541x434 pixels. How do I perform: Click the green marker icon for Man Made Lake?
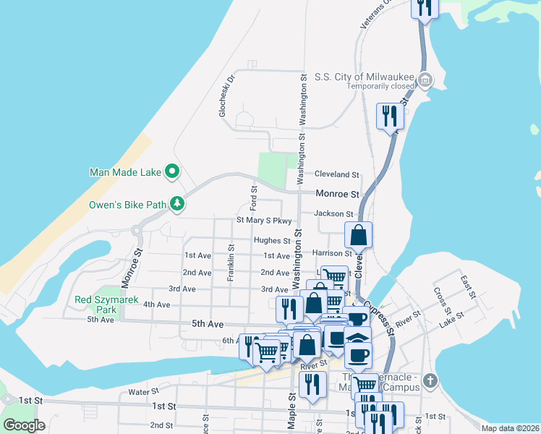click(172, 172)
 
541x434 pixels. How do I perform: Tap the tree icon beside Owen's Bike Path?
click(176, 204)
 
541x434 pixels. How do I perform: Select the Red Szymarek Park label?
click(95, 305)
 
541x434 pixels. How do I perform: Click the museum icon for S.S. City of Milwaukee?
click(425, 79)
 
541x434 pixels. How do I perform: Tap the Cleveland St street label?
click(336, 174)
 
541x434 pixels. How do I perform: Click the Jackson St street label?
click(333, 213)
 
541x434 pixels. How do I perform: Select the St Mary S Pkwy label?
click(264, 221)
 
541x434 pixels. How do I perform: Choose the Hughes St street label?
click(272, 240)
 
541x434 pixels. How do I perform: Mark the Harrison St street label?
click(332, 253)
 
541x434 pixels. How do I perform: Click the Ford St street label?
click(254, 198)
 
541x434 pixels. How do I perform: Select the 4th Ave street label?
click(156, 305)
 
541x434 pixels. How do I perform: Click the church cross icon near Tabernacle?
click(430, 380)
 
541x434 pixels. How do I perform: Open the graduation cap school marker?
click(357, 337)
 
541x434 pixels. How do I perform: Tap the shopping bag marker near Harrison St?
click(359, 234)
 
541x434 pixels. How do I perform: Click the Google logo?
click(24, 425)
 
